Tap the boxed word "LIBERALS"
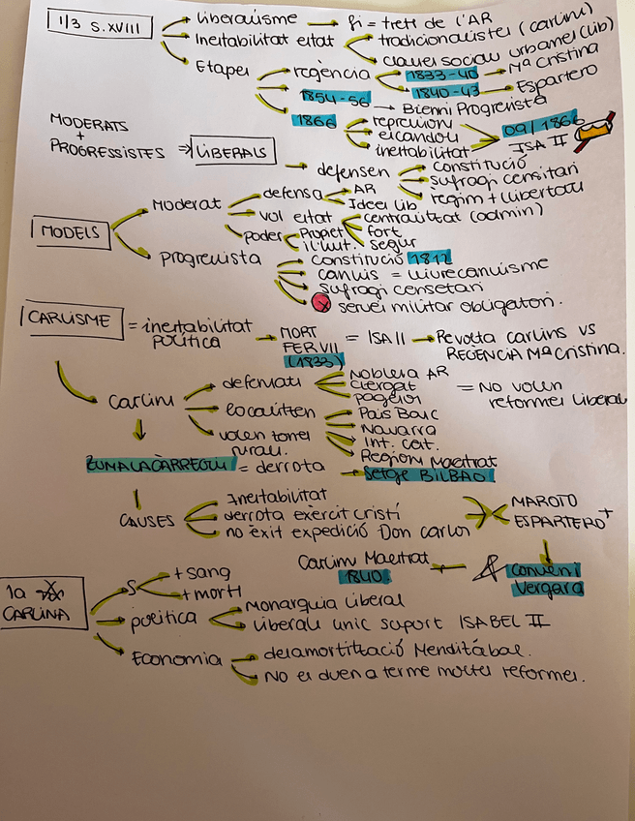[x=233, y=152]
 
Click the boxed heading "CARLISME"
[x=69, y=319]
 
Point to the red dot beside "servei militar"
[x=323, y=304]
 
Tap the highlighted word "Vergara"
[x=550, y=587]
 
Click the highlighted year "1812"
[x=428, y=259]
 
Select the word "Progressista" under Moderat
[x=210, y=258]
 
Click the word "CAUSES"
[x=148, y=520]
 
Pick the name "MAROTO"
[x=543, y=502]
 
